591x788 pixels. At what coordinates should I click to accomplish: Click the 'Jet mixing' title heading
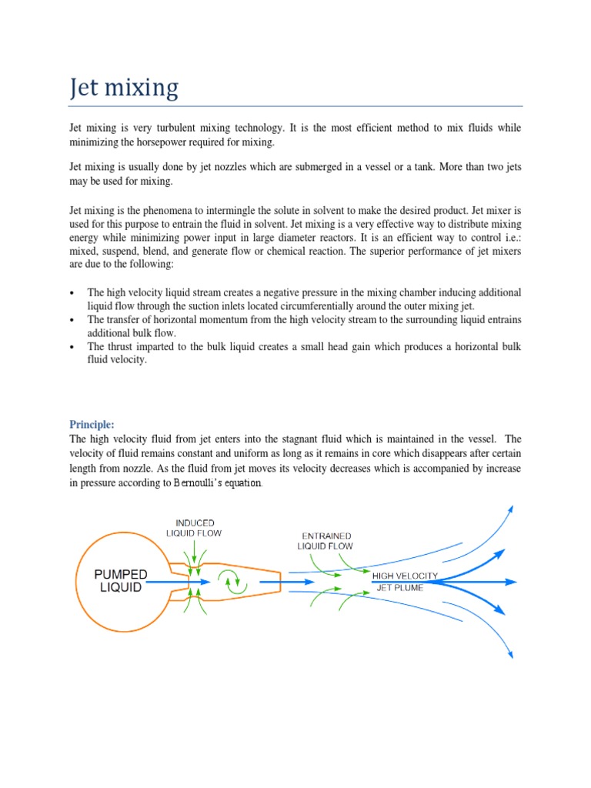(x=124, y=88)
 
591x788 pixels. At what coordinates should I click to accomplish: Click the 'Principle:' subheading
(x=92, y=424)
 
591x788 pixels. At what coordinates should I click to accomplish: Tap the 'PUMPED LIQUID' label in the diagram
(x=121, y=581)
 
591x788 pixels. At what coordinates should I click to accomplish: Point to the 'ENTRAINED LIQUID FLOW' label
(x=325, y=541)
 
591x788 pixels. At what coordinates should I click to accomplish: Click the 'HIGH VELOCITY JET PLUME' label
(x=405, y=582)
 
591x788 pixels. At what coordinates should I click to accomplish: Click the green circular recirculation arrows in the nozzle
(x=231, y=582)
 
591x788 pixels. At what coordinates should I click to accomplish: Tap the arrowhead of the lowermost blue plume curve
(x=510, y=656)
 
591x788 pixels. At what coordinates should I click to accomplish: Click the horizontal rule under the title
(x=295, y=106)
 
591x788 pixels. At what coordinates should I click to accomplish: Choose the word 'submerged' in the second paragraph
(x=320, y=167)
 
